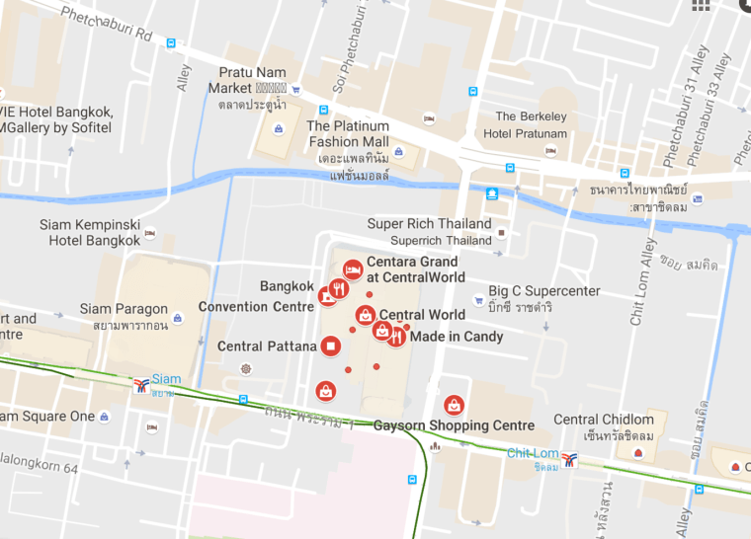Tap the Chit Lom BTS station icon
(569, 458)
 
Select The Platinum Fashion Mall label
(347, 133)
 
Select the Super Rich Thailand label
(429, 224)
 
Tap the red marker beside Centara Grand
(352, 269)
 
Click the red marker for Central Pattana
(331, 346)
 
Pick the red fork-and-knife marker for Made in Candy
(396, 337)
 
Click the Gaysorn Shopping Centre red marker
(454, 404)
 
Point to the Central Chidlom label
(604, 420)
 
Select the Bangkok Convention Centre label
(257, 296)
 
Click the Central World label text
(422, 315)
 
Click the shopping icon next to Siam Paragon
(177, 317)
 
